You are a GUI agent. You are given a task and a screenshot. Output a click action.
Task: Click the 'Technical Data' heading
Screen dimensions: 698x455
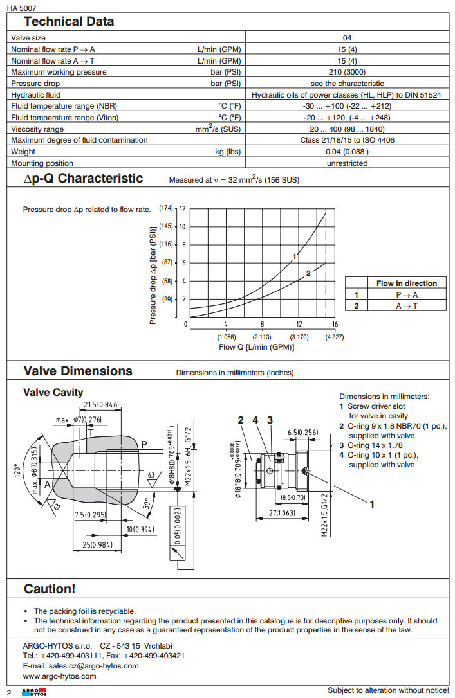(69, 21)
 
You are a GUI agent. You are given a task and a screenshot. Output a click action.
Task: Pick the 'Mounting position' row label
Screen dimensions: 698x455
(42, 163)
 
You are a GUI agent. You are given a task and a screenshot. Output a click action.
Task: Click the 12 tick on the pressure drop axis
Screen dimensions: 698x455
(183, 209)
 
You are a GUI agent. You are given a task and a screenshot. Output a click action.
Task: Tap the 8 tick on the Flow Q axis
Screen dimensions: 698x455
(263, 325)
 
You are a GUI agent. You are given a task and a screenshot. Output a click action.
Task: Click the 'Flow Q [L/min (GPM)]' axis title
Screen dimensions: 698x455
(256, 347)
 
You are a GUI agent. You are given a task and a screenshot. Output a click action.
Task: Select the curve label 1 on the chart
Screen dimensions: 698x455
(294, 256)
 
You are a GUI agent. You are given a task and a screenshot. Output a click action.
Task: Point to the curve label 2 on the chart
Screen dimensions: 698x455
(308, 273)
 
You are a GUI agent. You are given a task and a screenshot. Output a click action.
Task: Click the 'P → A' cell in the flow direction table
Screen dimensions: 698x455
(406, 294)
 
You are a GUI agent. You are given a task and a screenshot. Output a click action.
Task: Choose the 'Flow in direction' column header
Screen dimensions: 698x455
(406, 283)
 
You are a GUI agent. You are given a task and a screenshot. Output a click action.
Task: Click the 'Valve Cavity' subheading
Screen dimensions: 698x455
(53, 393)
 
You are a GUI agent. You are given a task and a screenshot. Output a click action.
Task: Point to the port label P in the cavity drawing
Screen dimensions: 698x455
(144, 444)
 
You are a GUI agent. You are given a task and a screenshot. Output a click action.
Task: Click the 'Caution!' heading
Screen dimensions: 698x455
(50, 589)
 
